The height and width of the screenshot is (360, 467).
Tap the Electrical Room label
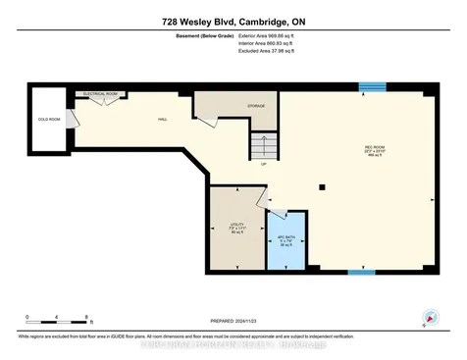[99, 96]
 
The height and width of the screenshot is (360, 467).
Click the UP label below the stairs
[264, 165]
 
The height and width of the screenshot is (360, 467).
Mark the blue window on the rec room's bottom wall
[362, 272]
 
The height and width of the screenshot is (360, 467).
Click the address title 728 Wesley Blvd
[233, 22]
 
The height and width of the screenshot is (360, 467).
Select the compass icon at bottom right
[429, 317]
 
